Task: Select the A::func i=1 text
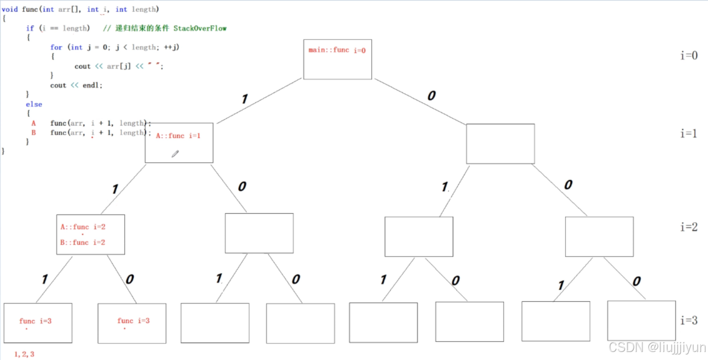pyautogui.click(x=178, y=135)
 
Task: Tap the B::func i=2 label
pyautogui.click(x=83, y=242)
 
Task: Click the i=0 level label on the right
pyautogui.click(x=688, y=55)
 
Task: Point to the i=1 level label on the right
pyautogui.click(x=688, y=133)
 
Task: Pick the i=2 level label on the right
pyautogui.click(x=688, y=226)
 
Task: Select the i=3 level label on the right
pyautogui.click(x=688, y=320)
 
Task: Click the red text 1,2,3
pyautogui.click(x=24, y=354)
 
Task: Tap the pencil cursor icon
pyautogui.click(x=175, y=154)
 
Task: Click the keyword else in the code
pyautogui.click(x=34, y=104)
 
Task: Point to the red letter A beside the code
pyautogui.click(x=33, y=123)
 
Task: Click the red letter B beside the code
pyautogui.click(x=33, y=132)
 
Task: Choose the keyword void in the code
pyautogui.click(x=10, y=9)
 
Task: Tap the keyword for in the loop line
pyautogui.click(x=56, y=47)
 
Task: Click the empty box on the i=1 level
pyautogui.click(x=500, y=143)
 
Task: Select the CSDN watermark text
pyautogui.click(x=656, y=347)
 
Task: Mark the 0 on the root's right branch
pyautogui.click(x=431, y=96)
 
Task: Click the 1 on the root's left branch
pyautogui.click(x=244, y=99)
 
